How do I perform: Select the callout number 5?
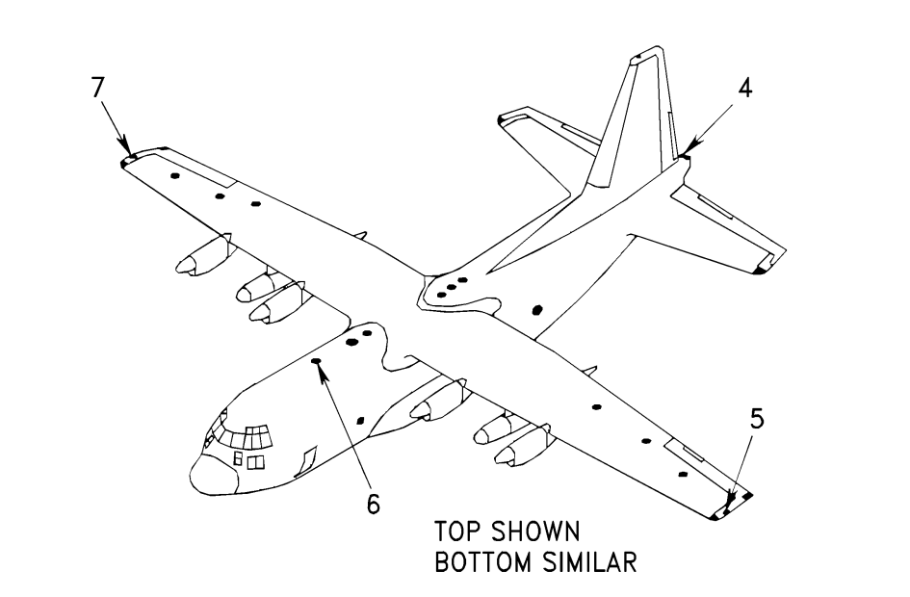pos(758,419)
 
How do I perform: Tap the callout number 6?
pos(372,503)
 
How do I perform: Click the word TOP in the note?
pos(458,532)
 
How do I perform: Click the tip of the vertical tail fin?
pos(641,52)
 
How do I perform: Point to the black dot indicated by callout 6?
pos(316,361)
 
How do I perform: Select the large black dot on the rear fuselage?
pos(537,309)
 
